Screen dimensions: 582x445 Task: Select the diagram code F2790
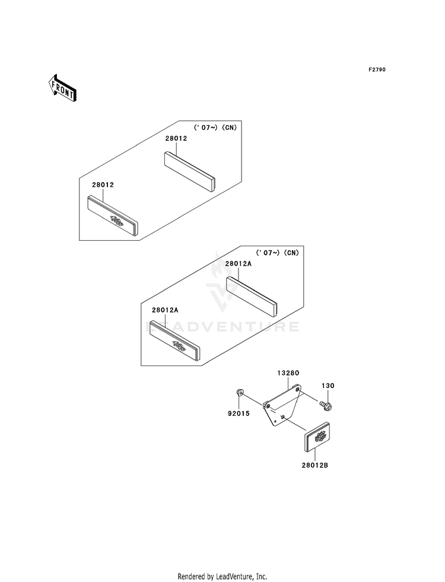pos(376,70)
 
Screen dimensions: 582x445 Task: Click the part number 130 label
pos(329,386)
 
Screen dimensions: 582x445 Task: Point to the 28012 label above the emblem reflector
pos(103,185)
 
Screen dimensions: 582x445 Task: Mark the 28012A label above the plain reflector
pos(238,263)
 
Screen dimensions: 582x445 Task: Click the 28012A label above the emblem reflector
pos(165,310)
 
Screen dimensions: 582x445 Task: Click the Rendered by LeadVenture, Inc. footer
pos(223,577)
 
